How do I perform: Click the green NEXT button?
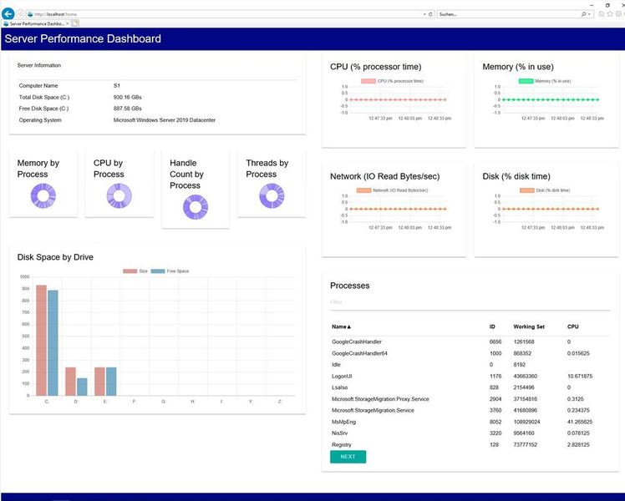point(348,457)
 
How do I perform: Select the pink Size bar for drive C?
point(41,340)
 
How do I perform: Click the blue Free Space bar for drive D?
point(82,387)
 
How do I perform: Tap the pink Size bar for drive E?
point(99,381)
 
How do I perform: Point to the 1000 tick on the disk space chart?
point(24,277)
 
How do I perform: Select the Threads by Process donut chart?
point(272,196)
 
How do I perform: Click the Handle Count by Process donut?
point(196,207)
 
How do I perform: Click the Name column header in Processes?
point(341,326)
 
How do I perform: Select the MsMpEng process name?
point(346,422)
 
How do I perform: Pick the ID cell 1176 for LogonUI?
point(495,376)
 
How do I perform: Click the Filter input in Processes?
point(468,302)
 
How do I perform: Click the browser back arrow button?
point(8,14)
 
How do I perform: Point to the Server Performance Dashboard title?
point(83,38)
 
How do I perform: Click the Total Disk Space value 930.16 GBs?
point(128,97)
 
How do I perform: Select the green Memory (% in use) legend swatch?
point(526,81)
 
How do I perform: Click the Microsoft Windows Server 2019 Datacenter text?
point(164,120)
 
